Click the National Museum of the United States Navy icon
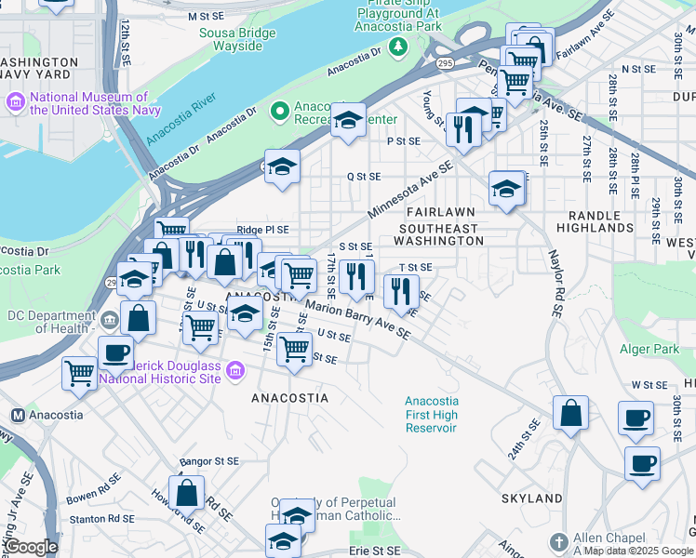16,100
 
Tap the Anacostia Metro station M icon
17,415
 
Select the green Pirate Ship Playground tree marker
399,46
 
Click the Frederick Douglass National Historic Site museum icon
234,372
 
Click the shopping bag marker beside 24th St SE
570,413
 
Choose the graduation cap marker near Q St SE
282,167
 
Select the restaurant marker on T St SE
401,291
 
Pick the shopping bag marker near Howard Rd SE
187,492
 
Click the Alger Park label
650,350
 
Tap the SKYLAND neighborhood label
531,498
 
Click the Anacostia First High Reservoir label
431,414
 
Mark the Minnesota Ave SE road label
409,191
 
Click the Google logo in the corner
32,547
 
